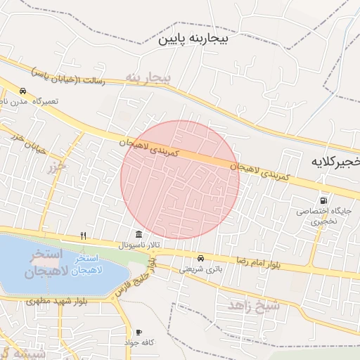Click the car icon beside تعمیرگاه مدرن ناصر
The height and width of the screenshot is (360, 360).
pos(23,91)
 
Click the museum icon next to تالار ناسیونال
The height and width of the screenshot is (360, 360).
pos(139,234)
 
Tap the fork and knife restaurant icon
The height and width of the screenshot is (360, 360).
pos(83,235)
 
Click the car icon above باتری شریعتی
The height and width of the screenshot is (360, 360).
pos(201,257)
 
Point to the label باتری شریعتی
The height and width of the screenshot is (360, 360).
pos(200,268)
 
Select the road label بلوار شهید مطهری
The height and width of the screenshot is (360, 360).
pos(56,301)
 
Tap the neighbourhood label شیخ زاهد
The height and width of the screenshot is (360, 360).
pos(254,304)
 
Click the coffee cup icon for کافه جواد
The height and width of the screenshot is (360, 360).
pos(139,331)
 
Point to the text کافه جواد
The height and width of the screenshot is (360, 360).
pos(139,342)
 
